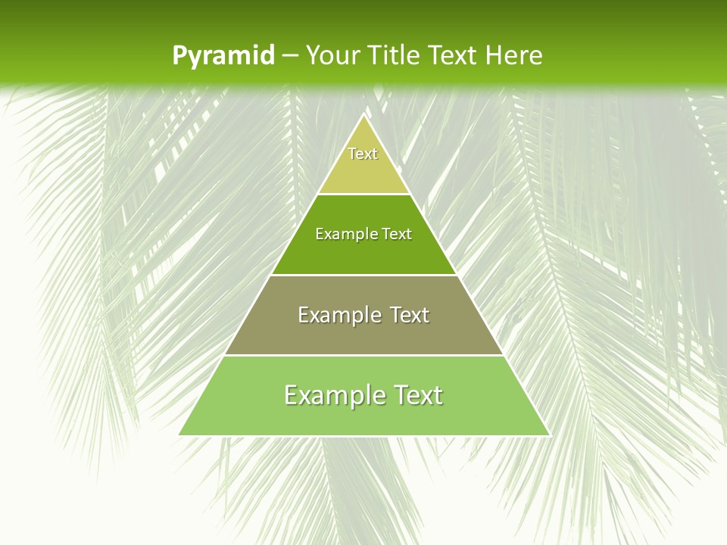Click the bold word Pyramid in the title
(x=223, y=56)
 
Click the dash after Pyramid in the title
(x=289, y=56)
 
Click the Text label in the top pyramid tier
(x=363, y=154)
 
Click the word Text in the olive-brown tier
(x=410, y=315)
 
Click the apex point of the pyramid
(x=364, y=115)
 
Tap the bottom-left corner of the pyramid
(x=179, y=434)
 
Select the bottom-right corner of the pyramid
(x=549, y=434)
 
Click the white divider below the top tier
(x=364, y=194)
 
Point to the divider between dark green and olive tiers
(x=364, y=275)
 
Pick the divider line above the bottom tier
(x=364, y=355)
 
